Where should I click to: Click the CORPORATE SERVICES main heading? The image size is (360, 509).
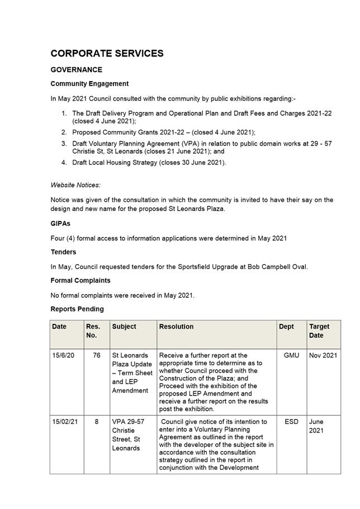[107, 54]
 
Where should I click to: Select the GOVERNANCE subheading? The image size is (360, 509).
[76, 70]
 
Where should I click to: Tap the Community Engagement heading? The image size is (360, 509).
[89, 84]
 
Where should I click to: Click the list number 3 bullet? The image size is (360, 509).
[64, 144]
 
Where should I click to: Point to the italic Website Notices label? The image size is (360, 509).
[75, 185]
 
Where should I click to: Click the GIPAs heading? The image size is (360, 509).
[60, 224]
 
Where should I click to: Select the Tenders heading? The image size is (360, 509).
[63, 252]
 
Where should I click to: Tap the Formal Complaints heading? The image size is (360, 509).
[80, 280]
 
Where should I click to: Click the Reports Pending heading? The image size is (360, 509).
[77, 309]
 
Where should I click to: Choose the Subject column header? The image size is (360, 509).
[124, 327]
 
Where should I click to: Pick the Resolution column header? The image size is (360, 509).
[177, 327]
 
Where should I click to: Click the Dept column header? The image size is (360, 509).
[286, 327]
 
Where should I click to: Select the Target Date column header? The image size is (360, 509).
[319, 331]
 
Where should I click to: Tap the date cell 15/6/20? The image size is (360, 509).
[64, 356]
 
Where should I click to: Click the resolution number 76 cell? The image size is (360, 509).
[96, 356]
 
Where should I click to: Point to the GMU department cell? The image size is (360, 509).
[291, 356]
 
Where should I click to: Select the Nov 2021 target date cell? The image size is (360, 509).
[323, 356]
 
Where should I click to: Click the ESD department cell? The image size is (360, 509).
[291, 422]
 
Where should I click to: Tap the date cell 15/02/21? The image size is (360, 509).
[65, 422]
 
